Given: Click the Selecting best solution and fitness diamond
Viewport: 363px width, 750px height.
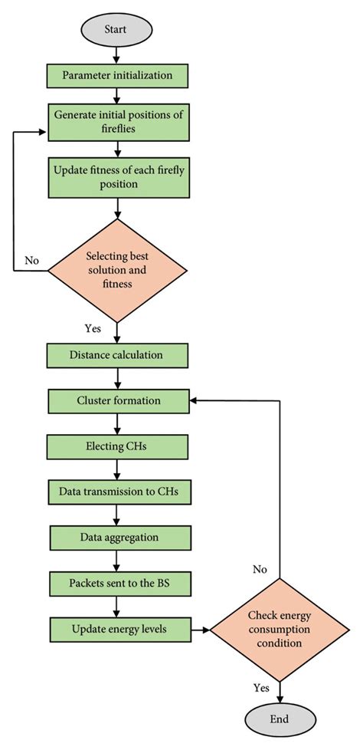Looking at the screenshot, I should pos(116,270).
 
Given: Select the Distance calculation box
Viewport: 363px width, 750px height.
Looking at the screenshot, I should pos(116,355).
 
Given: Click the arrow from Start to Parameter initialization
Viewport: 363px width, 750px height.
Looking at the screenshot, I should pos(116,54).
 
